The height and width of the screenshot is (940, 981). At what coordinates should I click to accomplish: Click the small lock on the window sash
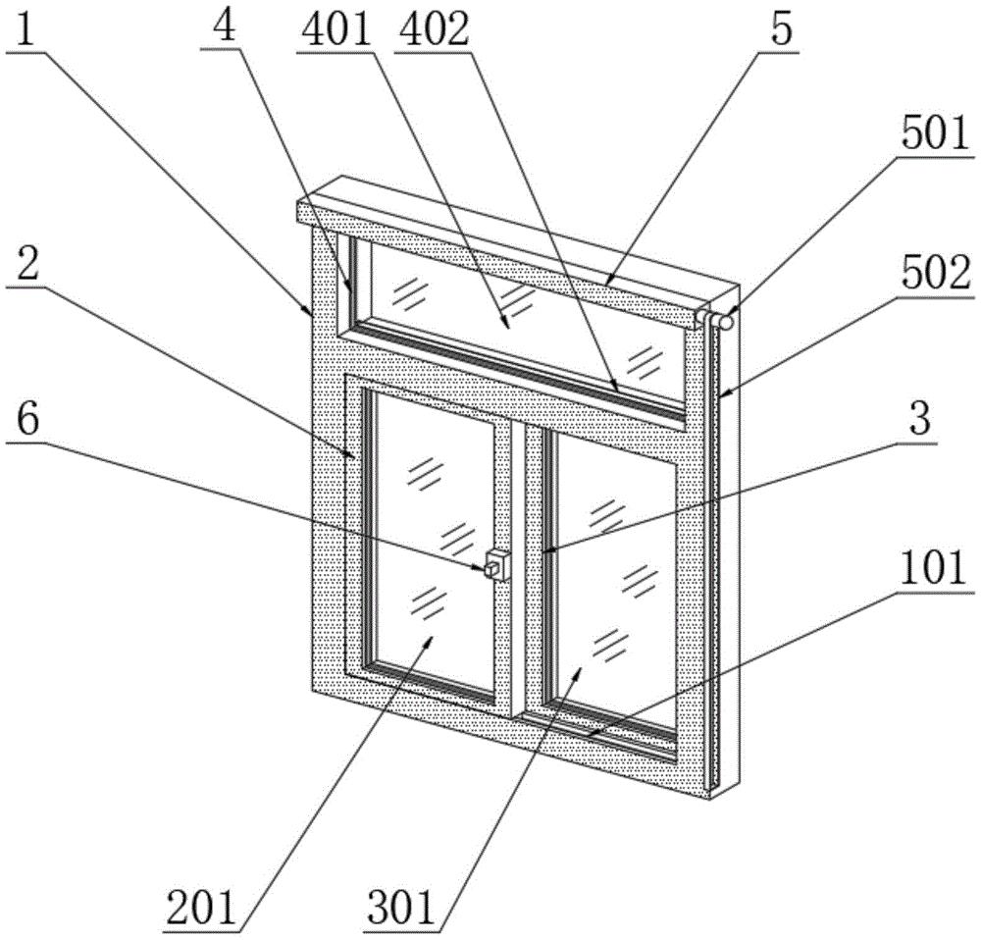coord(496,564)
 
